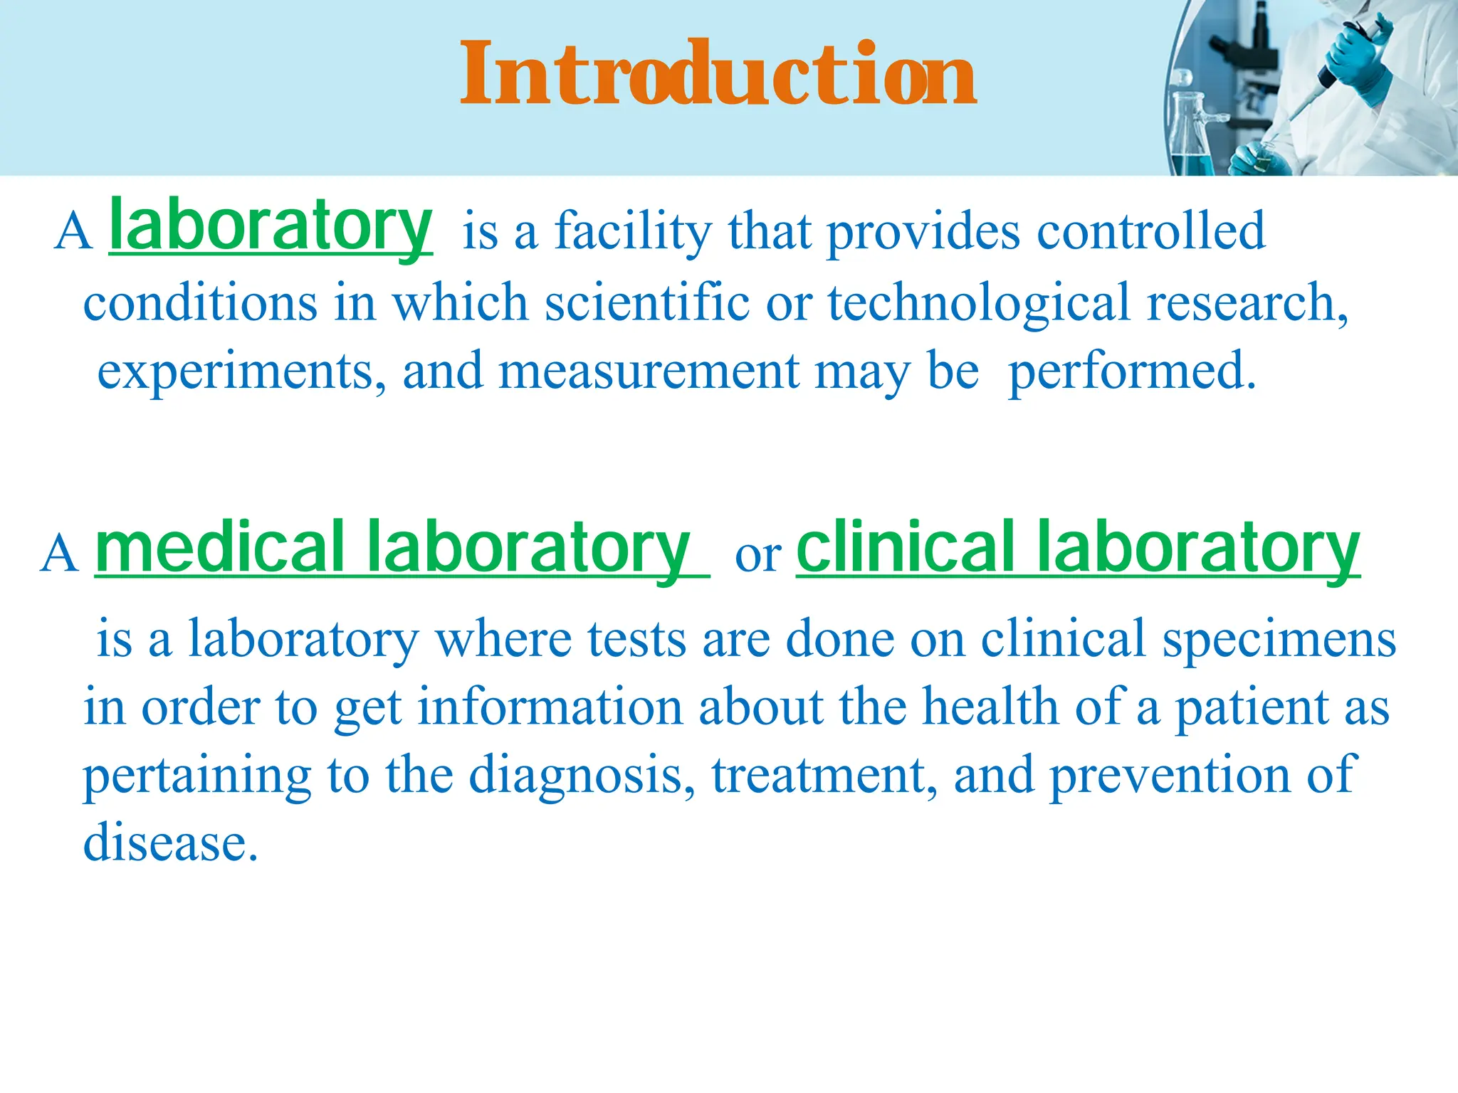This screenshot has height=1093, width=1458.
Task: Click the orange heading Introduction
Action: point(718,74)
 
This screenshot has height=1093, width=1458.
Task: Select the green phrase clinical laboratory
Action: point(1078,548)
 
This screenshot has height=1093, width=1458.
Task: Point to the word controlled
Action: point(1151,232)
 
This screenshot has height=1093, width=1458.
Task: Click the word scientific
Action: point(647,303)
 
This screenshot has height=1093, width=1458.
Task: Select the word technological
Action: point(978,303)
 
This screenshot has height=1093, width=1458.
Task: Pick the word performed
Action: point(1132,372)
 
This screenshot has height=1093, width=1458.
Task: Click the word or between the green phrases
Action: point(757,555)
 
